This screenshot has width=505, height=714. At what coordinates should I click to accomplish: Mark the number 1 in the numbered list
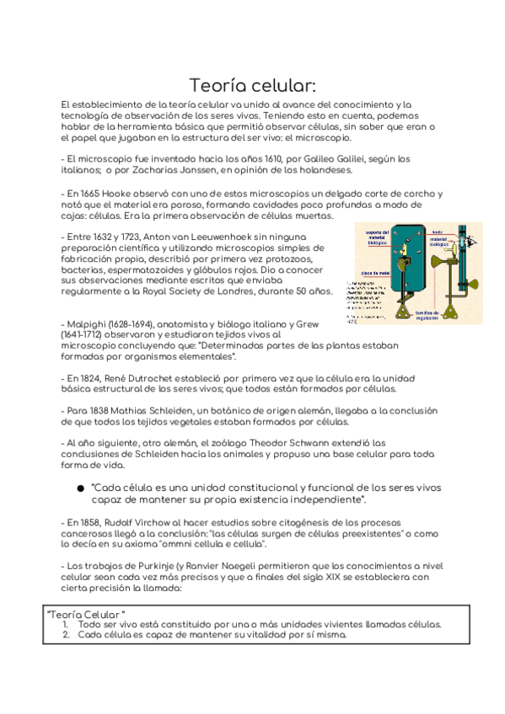point(65,625)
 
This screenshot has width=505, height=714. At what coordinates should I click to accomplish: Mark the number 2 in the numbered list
point(65,635)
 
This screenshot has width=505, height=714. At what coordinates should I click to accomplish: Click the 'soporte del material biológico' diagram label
point(373,237)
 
